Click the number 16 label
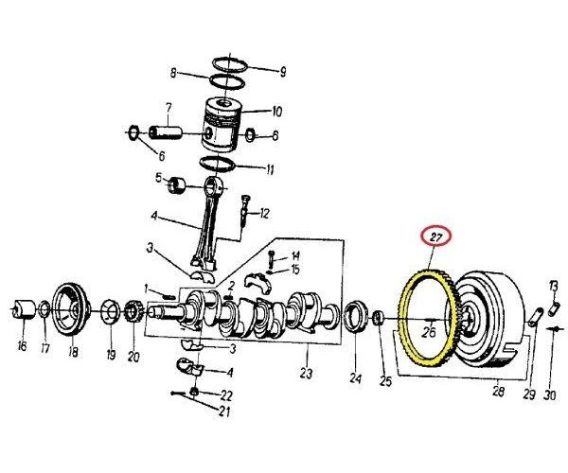(x=21, y=346)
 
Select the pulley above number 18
(x=69, y=307)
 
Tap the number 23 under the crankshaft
(x=305, y=373)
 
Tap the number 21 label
(x=223, y=412)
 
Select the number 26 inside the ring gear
(x=428, y=332)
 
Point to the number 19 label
(x=110, y=356)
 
